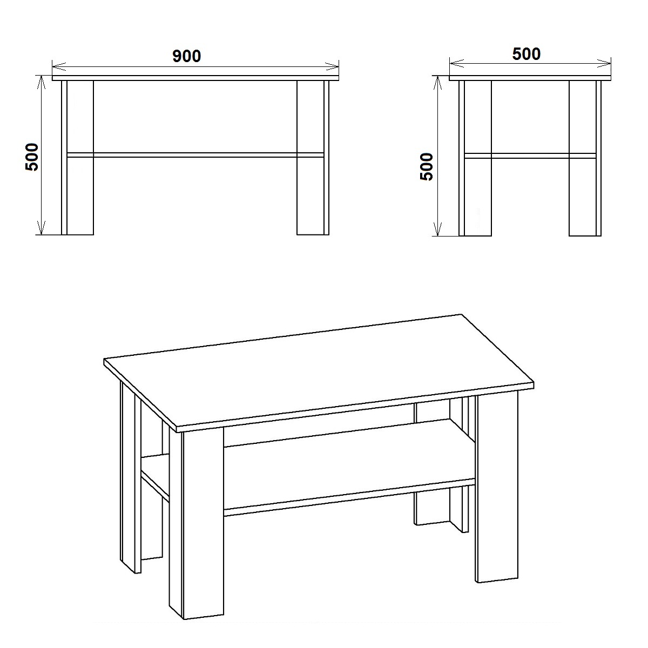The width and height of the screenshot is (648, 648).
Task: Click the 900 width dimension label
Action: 187,56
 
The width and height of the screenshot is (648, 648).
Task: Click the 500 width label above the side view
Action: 526,54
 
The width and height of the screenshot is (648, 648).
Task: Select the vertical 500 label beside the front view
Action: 32,157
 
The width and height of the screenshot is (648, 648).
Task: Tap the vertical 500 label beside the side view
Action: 427,167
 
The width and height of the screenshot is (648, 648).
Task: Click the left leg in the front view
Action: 78,158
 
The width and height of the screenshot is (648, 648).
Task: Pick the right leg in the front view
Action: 313,158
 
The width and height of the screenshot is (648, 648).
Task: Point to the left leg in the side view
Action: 475,158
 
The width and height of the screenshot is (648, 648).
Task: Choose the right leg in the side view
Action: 585,158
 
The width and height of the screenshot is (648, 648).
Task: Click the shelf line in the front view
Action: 195,155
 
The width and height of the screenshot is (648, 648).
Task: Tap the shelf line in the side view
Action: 530,156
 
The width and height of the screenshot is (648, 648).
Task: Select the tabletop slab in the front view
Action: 195,78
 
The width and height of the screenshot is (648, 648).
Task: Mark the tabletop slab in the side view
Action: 530,78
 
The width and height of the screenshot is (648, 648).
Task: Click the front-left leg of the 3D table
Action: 197,527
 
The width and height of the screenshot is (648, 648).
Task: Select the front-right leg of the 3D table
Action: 496,489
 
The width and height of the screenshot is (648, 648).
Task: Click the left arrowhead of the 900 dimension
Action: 59,66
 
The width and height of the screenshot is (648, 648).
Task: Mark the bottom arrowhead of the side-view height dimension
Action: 437,229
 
